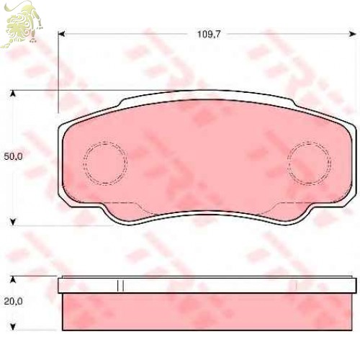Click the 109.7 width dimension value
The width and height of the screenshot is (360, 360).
coord(209,35)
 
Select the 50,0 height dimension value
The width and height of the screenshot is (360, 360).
coord(13,156)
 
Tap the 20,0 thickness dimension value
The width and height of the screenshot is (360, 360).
coord(14,301)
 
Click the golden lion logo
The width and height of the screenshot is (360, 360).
coord(22,24)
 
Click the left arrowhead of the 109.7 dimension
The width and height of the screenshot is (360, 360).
coord(62,35)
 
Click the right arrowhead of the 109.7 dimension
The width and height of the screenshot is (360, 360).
coord(352,35)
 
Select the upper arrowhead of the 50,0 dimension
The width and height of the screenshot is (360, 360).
coord(13,94)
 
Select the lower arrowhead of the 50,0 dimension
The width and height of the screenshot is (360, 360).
coord(13,222)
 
